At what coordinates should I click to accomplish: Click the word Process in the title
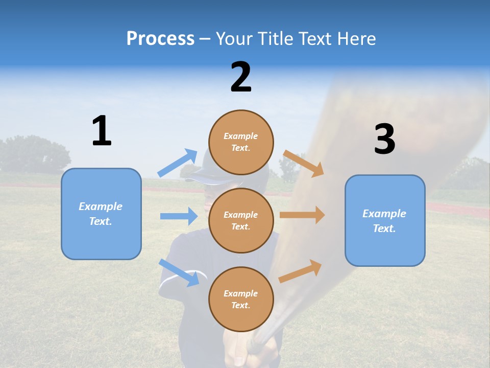(160, 38)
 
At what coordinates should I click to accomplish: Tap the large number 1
(102, 131)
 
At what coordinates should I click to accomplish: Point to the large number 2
(241, 77)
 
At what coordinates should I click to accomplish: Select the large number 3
(384, 139)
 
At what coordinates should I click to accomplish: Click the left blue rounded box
(101, 214)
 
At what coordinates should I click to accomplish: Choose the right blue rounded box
(385, 220)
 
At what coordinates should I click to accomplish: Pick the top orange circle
(241, 142)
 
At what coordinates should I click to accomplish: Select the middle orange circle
(241, 220)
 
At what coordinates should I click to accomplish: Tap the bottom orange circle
(241, 299)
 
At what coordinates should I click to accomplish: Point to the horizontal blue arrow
(179, 216)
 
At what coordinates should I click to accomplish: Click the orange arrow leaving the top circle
(304, 163)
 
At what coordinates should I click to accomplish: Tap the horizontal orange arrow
(302, 215)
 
